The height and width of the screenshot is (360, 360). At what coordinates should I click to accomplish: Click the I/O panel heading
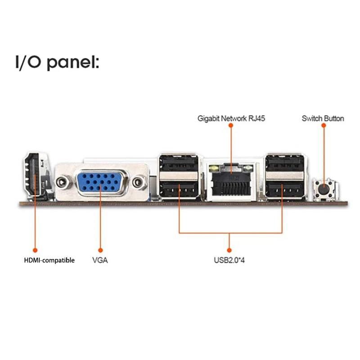(x=57, y=62)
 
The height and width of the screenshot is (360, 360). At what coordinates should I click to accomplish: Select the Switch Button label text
(x=323, y=119)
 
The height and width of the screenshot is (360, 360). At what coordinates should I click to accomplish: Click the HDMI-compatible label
(x=49, y=260)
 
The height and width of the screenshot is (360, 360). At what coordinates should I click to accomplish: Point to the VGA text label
(x=100, y=260)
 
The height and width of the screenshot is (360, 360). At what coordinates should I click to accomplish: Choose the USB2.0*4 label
(x=229, y=260)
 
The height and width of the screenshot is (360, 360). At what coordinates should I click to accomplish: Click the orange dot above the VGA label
(x=100, y=249)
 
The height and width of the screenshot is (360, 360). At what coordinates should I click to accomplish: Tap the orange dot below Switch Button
(x=323, y=127)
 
